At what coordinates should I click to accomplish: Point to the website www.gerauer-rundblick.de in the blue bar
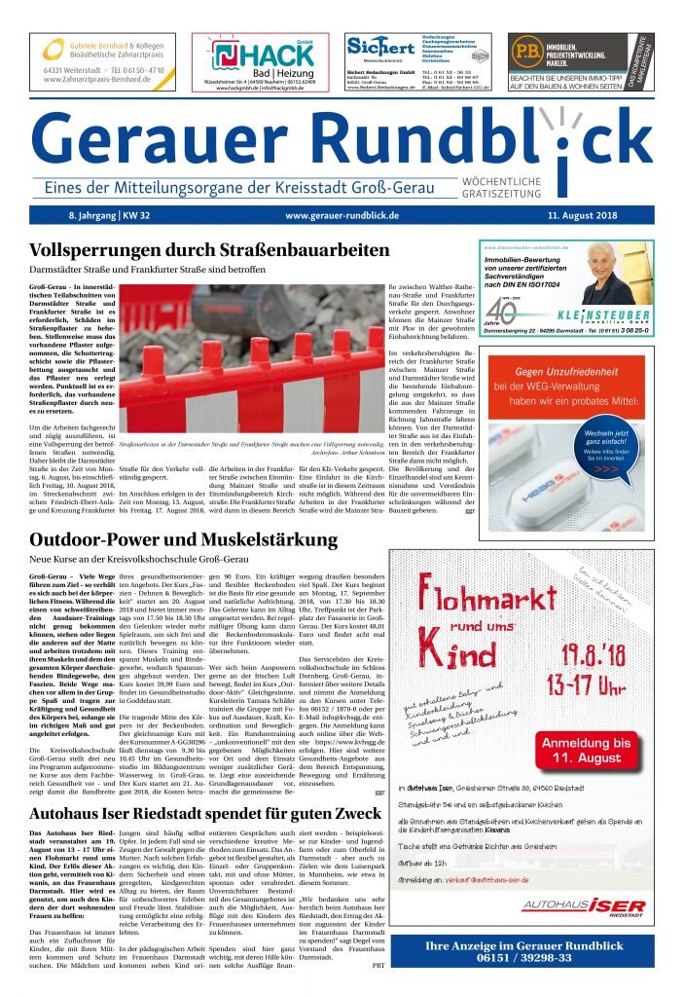click(342, 214)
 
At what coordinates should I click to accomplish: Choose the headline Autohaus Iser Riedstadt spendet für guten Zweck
click(205, 813)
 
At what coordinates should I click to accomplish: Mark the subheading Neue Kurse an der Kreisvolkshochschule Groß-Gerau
click(138, 559)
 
